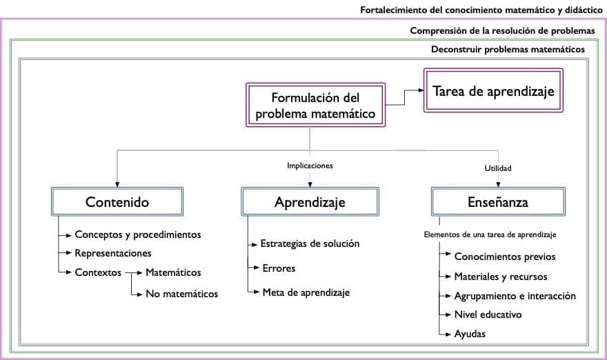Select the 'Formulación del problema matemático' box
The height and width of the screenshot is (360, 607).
point(315,106)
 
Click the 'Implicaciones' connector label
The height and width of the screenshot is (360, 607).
point(310,166)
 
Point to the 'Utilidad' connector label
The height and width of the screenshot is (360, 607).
point(498,168)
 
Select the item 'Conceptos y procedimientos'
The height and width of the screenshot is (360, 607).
point(137,234)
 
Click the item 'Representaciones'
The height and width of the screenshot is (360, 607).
point(112,253)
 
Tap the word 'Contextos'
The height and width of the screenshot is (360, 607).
point(98,272)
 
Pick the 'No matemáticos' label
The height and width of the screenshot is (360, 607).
point(181,294)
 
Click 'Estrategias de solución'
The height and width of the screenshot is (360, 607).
point(310,243)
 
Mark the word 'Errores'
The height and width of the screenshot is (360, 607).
point(279,268)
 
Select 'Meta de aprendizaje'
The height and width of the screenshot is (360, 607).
point(306,292)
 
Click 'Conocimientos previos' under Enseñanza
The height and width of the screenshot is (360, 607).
point(504,257)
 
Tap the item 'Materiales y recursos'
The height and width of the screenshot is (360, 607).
point(500,277)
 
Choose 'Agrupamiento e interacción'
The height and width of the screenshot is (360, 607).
point(515,296)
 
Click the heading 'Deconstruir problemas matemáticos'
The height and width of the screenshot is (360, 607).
point(508,50)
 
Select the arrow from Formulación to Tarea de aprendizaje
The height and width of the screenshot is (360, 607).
point(407,97)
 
